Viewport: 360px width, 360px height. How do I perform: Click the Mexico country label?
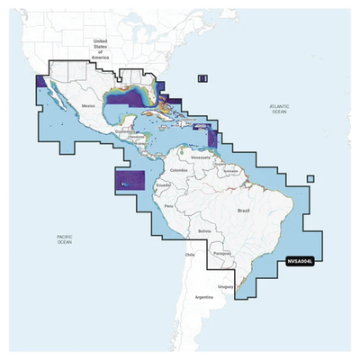88,106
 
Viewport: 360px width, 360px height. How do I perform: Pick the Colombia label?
177,169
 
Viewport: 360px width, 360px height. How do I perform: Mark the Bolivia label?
205,230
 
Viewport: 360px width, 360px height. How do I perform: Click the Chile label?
190,255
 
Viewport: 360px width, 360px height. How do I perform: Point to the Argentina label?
204,297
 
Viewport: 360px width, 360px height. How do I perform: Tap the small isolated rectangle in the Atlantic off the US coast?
202,80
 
